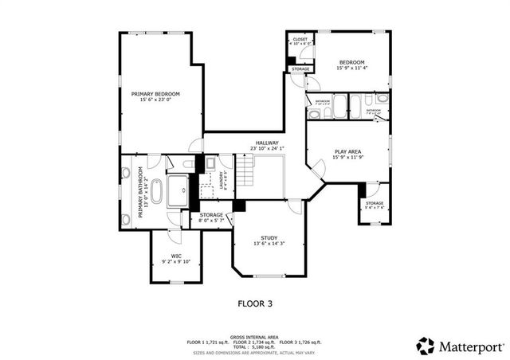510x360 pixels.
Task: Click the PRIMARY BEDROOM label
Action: pyautogui.click(x=155, y=94)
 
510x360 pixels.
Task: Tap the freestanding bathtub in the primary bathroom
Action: pyautogui.click(x=156, y=192)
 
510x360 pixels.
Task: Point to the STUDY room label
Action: pyautogui.click(x=269, y=239)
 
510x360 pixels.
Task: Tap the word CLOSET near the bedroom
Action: pyautogui.click(x=300, y=39)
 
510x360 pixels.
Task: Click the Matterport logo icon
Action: pyautogui.click(x=426, y=346)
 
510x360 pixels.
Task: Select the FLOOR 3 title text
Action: pyautogui.click(x=255, y=303)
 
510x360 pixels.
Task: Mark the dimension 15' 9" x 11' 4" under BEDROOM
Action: pyautogui.click(x=351, y=68)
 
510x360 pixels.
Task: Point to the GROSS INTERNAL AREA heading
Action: pyautogui.click(x=254, y=337)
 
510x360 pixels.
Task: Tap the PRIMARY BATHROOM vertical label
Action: pyautogui.click(x=141, y=192)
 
